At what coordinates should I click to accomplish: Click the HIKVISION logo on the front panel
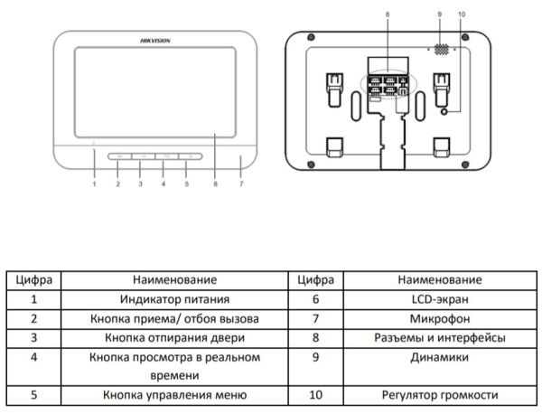(x=155, y=41)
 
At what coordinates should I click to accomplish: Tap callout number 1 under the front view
(x=94, y=184)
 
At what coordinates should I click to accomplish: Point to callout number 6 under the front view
(x=214, y=184)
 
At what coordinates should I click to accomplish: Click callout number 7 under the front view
(x=241, y=184)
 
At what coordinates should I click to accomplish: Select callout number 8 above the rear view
(x=387, y=14)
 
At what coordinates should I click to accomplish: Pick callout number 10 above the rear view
(x=462, y=14)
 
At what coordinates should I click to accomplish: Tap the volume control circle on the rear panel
(x=445, y=110)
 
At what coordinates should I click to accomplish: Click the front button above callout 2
(x=119, y=157)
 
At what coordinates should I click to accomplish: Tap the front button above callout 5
(x=187, y=157)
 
